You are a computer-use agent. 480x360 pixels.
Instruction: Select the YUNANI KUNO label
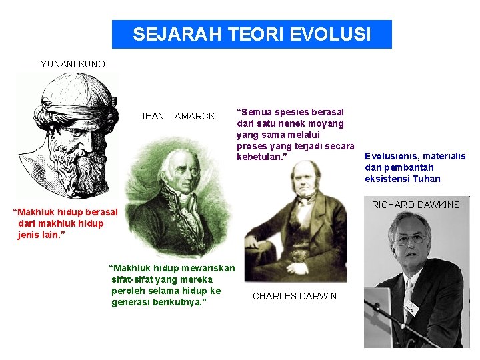(73, 64)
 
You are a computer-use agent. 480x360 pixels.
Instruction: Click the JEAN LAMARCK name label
(177, 116)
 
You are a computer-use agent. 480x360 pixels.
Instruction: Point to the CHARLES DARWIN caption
(295, 296)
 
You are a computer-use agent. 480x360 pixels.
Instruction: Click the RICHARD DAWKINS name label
(415, 205)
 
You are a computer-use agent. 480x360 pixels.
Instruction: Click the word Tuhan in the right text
(427, 179)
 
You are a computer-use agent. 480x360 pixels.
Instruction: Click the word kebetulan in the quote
(260, 156)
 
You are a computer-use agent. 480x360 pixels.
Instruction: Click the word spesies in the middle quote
(290, 112)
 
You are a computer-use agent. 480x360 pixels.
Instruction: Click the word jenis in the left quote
(29, 235)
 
